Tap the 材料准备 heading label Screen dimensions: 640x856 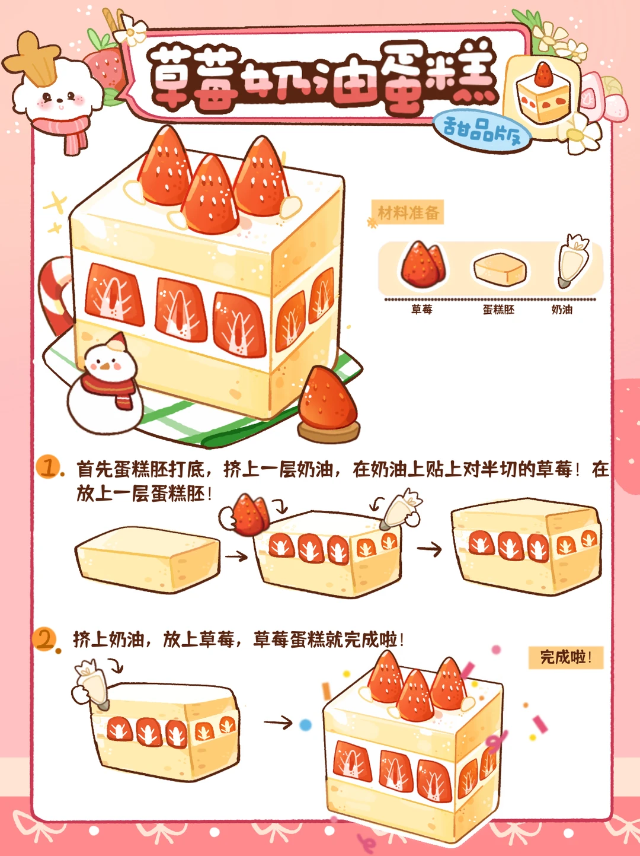[x=408, y=212]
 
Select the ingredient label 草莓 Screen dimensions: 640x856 [x=421, y=310]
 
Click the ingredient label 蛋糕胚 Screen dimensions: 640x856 [x=498, y=310]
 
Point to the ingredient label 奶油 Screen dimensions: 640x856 [x=562, y=310]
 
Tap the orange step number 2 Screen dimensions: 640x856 [x=45, y=639]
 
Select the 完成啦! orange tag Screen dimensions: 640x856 [x=565, y=658]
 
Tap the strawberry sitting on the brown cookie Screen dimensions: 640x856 [x=327, y=398]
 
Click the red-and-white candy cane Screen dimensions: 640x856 [x=55, y=293]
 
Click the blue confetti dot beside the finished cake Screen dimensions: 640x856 [x=305, y=725]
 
